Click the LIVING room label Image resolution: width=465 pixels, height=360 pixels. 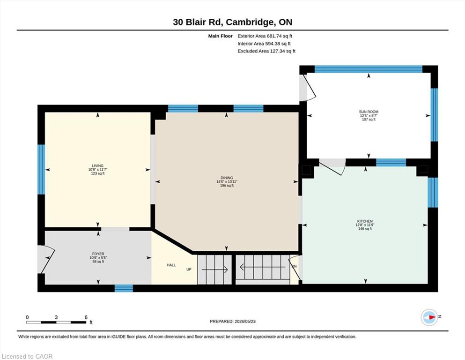pyautogui.click(x=97, y=165)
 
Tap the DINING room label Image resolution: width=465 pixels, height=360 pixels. pyautogui.click(x=227, y=178)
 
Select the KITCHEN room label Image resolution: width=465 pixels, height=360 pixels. pyautogui.click(x=365, y=221)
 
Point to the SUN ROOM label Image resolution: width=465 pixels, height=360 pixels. pyautogui.click(x=369, y=112)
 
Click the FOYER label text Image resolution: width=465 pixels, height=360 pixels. pyautogui.click(x=98, y=254)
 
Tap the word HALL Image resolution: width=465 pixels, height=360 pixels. pyautogui.click(x=171, y=265)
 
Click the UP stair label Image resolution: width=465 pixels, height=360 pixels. pyautogui.click(x=189, y=269)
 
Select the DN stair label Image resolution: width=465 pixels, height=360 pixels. pyautogui.click(x=294, y=266)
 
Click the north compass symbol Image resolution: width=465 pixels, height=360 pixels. pyautogui.click(x=429, y=317)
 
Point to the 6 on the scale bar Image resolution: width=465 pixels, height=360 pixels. pyautogui.click(x=86, y=317)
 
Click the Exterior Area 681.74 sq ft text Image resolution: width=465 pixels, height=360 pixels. pyautogui.click(x=265, y=36)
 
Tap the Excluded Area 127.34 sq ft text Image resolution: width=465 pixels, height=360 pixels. pyautogui.click(x=266, y=51)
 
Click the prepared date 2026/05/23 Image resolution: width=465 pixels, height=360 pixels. pyautogui.click(x=245, y=321)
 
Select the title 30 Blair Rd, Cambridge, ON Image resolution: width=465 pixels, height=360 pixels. pyautogui.click(x=232, y=22)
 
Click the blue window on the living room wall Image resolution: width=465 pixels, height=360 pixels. pyautogui.click(x=41, y=170)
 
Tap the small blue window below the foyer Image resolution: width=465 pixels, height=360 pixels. pyautogui.click(x=124, y=288)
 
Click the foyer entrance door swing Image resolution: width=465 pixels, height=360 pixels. pyautogui.click(x=47, y=259)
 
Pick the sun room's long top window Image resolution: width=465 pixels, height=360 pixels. pyautogui.click(x=369, y=69)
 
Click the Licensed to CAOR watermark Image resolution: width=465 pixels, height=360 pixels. pyautogui.click(x=27, y=356)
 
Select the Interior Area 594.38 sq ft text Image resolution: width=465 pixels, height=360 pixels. pyautogui.click(x=264, y=44)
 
